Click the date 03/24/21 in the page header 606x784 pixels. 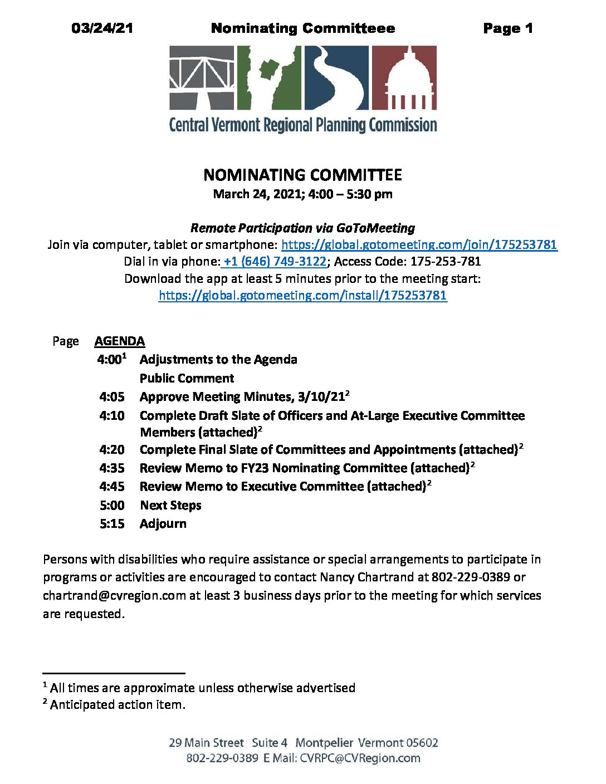click(x=102, y=28)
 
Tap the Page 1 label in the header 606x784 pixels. click(x=508, y=28)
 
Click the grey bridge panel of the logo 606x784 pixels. click(x=202, y=77)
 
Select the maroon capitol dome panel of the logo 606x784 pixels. click(x=404, y=77)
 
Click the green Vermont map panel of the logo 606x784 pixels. click(x=269, y=77)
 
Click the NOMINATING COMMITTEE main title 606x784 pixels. click(x=302, y=175)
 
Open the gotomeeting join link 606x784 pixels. click(x=419, y=244)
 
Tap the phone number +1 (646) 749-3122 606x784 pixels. click(x=275, y=261)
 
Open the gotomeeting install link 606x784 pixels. click(x=302, y=295)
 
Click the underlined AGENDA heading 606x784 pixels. click(x=120, y=341)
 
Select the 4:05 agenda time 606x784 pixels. click(x=112, y=396)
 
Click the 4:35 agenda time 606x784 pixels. click(x=112, y=468)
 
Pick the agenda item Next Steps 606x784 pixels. click(x=170, y=505)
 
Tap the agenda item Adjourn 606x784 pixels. click(x=163, y=523)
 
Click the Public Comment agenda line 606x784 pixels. click(x=187, y=378)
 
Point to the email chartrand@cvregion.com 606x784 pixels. click(x=114, y=595)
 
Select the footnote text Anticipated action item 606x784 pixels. click(x=118, y=704)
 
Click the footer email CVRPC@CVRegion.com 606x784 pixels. click(x=360, y=758)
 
